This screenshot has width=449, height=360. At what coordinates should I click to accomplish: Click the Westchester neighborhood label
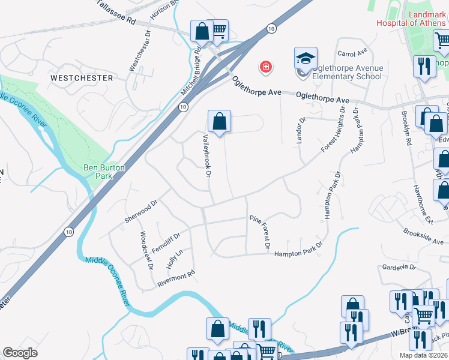(82, 78)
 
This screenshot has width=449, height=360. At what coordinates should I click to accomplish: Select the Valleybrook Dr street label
(207, 156)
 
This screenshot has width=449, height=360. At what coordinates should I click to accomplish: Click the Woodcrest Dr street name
(146, 250)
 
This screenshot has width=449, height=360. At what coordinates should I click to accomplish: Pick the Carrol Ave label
(352, 53)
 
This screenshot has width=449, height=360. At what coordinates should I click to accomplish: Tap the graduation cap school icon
(305, 59)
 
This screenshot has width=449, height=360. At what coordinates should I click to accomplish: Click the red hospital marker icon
(265, 66)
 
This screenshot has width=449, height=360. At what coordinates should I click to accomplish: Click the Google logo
(21, 353)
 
